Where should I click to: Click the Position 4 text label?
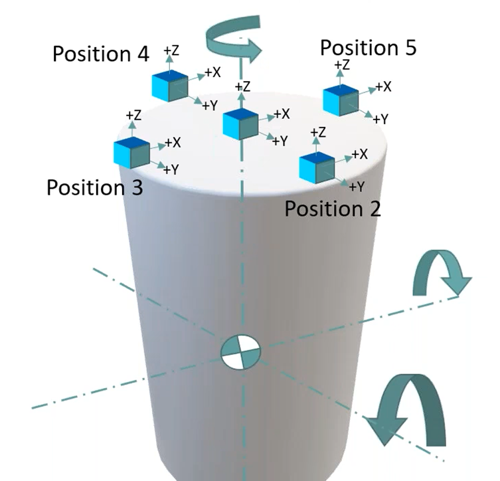coord(101,54)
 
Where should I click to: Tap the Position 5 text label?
coord(368,48)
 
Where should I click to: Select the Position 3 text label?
coord(94,188)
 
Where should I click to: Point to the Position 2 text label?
coord(333,209)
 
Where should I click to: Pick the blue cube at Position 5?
coord(340,100)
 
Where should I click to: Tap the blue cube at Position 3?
coord(131,153)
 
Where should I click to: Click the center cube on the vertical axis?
coord(240,124)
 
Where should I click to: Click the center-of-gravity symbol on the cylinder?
coord(241,351)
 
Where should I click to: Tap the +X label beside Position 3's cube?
coord(173,142)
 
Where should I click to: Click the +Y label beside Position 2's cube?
coord(357,186)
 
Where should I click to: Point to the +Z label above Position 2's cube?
coord(318,133)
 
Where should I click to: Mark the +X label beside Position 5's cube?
coord(383,87)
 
